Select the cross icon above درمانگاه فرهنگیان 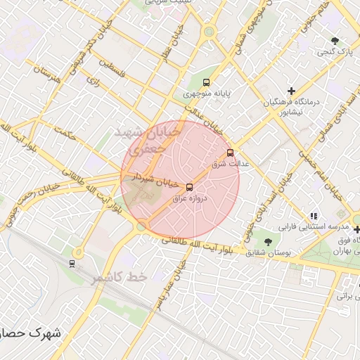[x=291, y=91]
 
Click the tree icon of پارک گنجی [x=335, y=39]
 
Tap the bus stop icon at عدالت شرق [x=230, y=153]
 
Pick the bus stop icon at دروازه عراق [x=189, y=186]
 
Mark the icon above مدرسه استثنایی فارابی [x=314, y=216]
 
